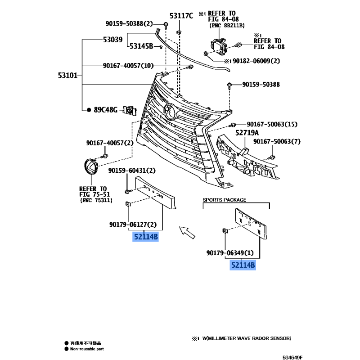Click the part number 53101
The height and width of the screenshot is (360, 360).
point(68,75)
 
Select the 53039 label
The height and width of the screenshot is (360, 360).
point(113,40)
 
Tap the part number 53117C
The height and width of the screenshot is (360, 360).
point(181,16)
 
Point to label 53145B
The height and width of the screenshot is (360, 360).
point(141,46)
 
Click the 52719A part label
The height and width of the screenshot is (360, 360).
point(247,133)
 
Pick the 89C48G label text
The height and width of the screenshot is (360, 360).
point(106,110)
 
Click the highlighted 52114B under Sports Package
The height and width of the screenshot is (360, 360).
point(243,265)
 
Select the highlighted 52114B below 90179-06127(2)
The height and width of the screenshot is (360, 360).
point(145,237)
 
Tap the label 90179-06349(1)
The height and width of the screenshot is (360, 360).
point(230,253)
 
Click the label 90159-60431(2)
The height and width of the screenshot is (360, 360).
point(132,171)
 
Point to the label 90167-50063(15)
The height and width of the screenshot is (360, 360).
point(272,124)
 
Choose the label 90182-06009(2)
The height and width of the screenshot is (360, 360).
point(256,61)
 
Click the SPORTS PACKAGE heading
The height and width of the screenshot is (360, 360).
point(224,200)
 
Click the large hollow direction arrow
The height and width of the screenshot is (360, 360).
point(187,232)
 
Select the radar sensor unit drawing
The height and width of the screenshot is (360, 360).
point(219,47)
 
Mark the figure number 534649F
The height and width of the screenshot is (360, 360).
point(292,357)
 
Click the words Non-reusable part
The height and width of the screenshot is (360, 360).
point(87,349)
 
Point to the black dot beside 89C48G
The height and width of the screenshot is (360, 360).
point(89,110)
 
